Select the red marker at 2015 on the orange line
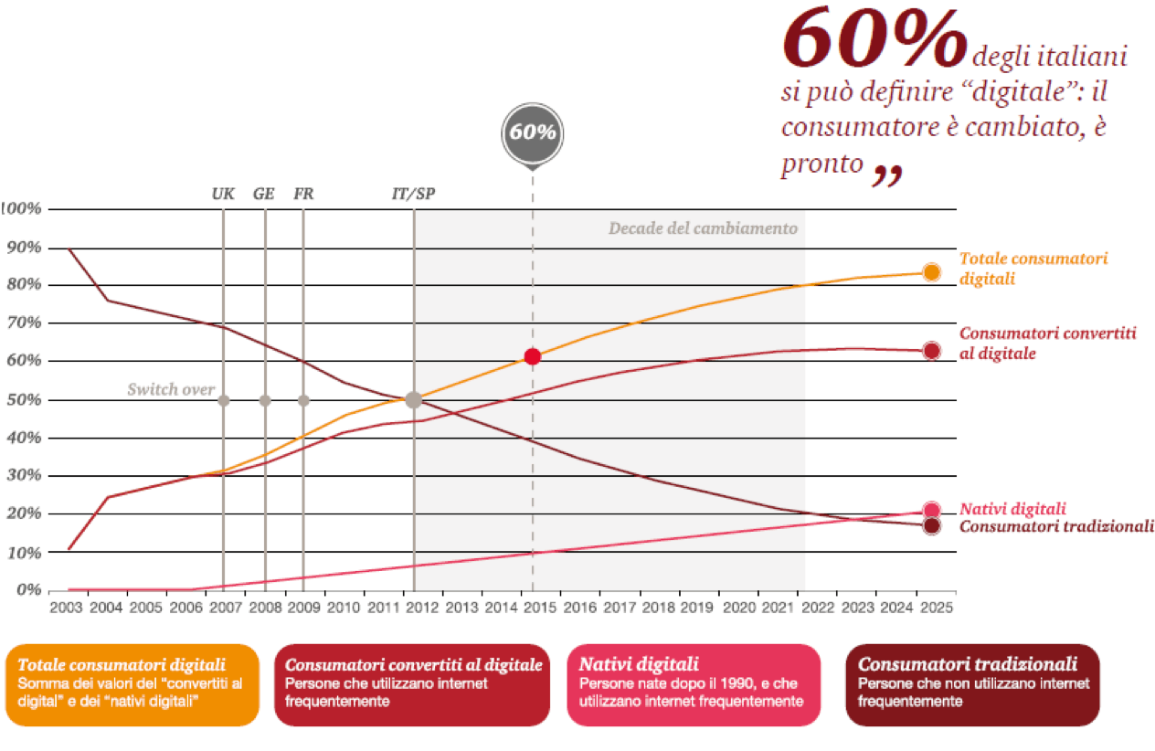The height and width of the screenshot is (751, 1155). (533, 356)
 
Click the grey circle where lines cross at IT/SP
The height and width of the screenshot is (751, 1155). (414, 399)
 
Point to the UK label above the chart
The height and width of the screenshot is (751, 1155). (223, 193)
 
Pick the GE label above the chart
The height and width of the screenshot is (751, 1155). (264, 193)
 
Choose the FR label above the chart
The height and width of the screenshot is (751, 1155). (303, 193)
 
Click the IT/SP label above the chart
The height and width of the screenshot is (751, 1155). (414, 193)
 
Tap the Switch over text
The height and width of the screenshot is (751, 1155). (171, 390)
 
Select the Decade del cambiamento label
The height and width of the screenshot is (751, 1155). (703, 228)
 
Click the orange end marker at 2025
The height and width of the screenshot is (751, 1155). (931, 272)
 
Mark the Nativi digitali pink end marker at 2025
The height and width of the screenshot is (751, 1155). (931, 511)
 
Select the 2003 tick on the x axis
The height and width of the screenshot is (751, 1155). (68, 607)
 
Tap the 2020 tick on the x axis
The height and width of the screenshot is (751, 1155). (738, 607)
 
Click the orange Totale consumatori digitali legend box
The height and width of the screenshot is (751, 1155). (132, 684)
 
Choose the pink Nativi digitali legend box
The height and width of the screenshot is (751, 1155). (694, 684)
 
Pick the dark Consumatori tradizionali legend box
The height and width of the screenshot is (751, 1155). (972, 684)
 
